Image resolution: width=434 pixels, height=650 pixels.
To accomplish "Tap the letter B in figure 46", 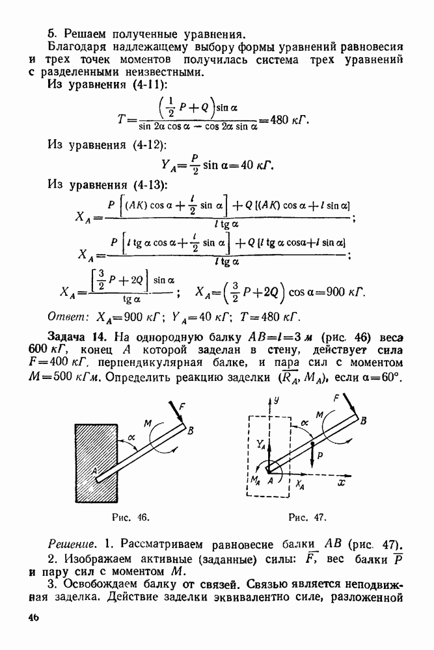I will (x=190, y=430).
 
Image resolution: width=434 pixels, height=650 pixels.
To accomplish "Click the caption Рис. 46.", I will (x=131, y=517).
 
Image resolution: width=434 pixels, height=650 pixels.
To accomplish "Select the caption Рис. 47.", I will (x=306, y=517).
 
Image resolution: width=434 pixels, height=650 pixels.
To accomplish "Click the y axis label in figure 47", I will (x=276, y=402).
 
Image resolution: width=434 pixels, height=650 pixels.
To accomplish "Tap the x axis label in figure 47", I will (x=340, y=484).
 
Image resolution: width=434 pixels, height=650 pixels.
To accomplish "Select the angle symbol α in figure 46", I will (x=131, y=438).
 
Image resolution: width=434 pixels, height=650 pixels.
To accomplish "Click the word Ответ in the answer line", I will (x=66, y=318).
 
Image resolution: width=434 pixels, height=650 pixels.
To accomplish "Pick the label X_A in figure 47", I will (x=300, y=485).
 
